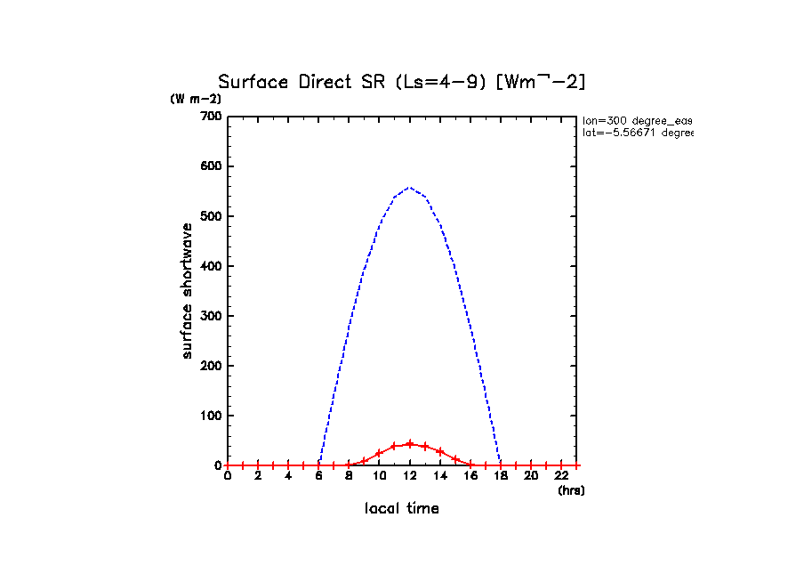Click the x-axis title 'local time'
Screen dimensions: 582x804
click(401, 509)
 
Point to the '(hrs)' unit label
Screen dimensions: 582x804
click(571, 490)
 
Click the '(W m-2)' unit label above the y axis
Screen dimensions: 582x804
click(196, 99)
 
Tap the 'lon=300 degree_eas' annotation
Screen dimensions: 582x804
click(637, 120)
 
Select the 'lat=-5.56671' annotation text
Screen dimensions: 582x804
click(637, 133)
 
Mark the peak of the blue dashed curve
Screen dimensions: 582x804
click(409, 188)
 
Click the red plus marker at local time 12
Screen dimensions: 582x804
click(409, 443)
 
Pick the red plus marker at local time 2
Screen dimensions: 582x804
click(258, 465)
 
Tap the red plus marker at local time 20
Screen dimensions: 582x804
click(530, 465)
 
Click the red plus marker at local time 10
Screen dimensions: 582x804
click(379, 453)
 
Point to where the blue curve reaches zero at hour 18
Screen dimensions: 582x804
click(501, 465)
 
